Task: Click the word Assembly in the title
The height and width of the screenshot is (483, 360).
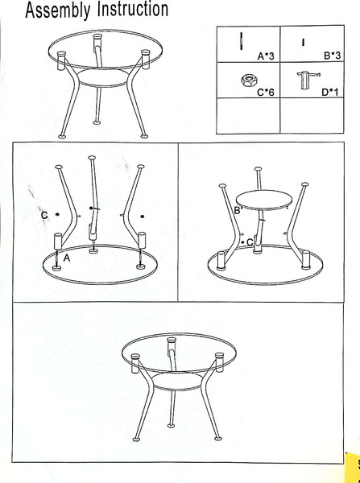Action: (x=58, y=10)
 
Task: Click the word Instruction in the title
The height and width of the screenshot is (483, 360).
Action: (x=133, y=9)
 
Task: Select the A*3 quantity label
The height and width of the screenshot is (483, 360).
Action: (x=266, y=56)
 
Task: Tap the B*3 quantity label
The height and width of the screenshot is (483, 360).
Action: (x=332, y=56)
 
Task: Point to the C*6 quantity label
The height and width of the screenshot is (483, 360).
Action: (x=266, y=92)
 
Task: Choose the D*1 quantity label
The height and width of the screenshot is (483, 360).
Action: (x=329, y=92)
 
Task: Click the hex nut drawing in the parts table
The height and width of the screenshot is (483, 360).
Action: (x=247, y=80)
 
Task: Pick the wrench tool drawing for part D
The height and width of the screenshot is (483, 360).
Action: (x=308, y=80)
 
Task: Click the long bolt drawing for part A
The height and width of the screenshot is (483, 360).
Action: (x=241, y=41)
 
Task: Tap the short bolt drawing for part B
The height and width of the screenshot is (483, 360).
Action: (x=304, y=42)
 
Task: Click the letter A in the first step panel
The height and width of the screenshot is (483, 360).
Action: (x=67, y=258)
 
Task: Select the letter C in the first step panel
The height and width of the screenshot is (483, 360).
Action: (x=44, y=215)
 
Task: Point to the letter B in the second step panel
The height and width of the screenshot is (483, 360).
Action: (x=238, y=210)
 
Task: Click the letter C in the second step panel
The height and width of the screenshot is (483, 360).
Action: (x=250, y=242)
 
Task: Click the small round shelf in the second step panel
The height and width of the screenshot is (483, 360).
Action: (x=264, y=200)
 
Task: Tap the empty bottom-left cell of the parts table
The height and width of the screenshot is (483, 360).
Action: (x=248, y=116)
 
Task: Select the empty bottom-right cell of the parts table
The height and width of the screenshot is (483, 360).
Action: (x=312, y=116)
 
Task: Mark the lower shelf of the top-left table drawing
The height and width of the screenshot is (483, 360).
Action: (x=102, y=77)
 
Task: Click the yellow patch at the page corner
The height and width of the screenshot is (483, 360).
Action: (x=354, y=468)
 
